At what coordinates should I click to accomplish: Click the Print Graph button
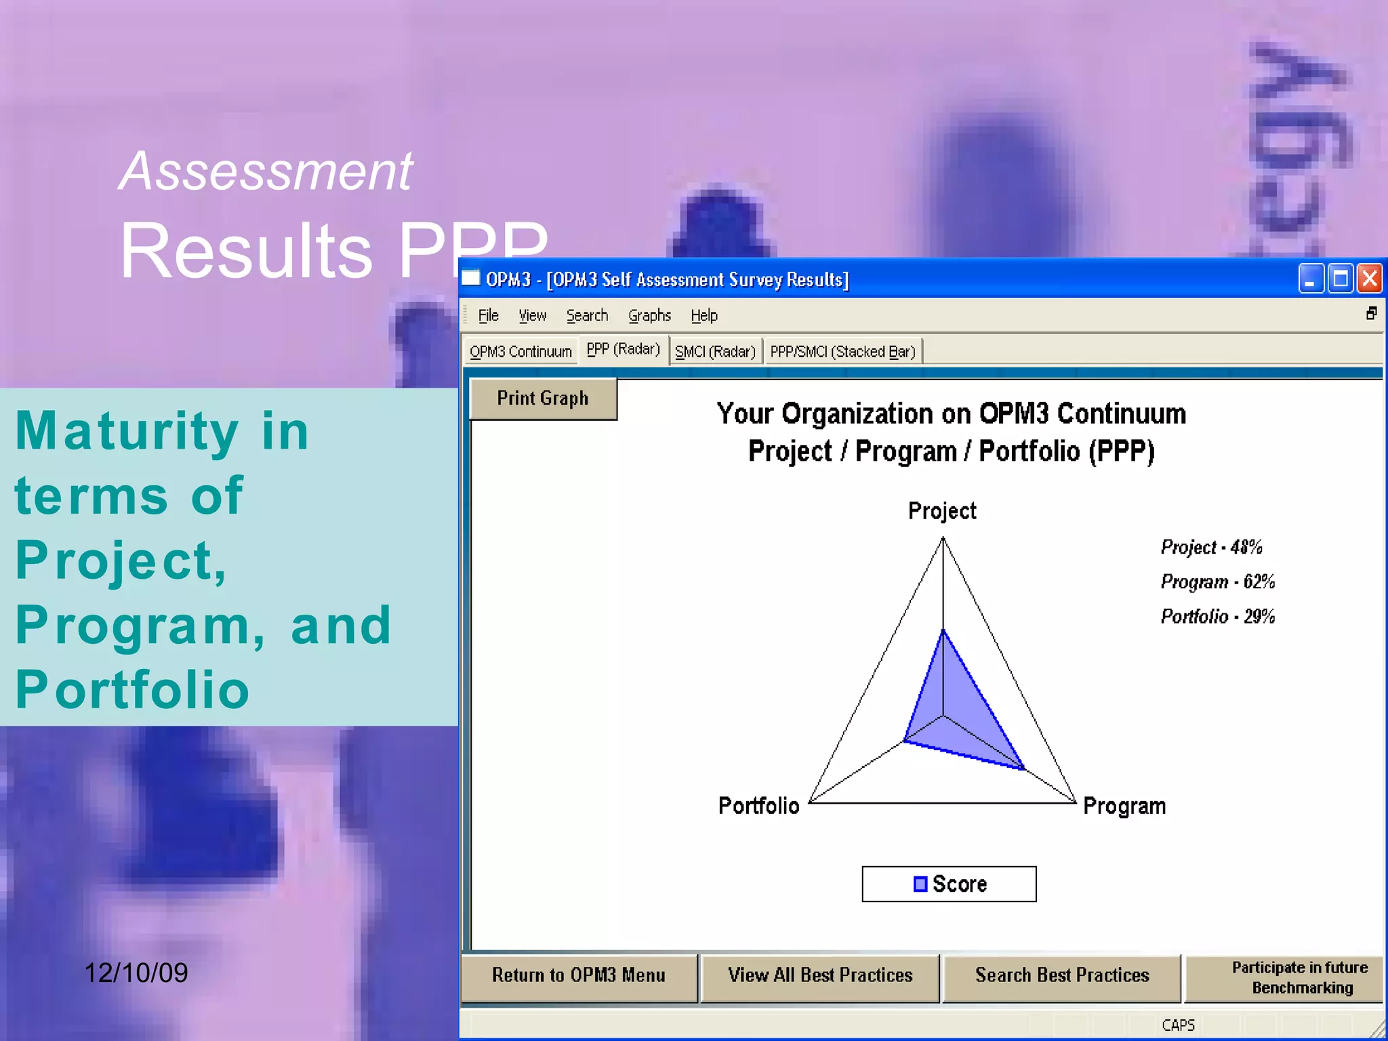click(x=543, y=399)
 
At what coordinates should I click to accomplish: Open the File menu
click(x=488, y=316)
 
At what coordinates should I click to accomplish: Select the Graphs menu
click(x=649, y=316)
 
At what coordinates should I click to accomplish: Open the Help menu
click(x=704, y=316)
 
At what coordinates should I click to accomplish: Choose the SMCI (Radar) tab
click(x=715, y=352)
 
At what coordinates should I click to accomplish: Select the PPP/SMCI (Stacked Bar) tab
click(x=842, y=352)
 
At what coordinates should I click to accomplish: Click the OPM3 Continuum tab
click(x=520, y=352)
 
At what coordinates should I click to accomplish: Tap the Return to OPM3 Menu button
click(x=579, y=975)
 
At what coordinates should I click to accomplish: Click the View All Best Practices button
click(x=820, y=975)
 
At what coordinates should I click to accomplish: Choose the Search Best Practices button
click(x=1062, y=975)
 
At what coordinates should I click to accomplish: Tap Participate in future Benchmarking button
click(x=1300, y=977)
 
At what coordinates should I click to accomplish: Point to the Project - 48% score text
click(x=1211, y=547)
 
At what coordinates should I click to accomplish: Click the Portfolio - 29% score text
click(x=1217, y=616)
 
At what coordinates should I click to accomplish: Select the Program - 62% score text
click(x=1217, y=581)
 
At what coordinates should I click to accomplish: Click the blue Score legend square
click(x=920, y=884)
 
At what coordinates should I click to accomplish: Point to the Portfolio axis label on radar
click(x=758, y=806)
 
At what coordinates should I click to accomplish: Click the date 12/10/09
click(x=136, y=973)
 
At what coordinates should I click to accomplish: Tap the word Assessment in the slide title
click(x=266, y=171)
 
